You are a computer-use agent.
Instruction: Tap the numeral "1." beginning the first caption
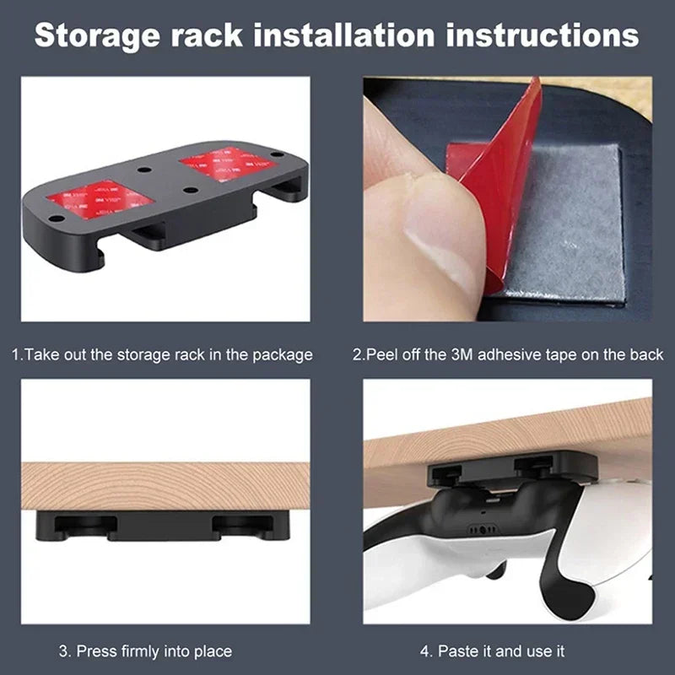(x=18, y=354)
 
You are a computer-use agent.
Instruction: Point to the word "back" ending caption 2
(x=646, y=354)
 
